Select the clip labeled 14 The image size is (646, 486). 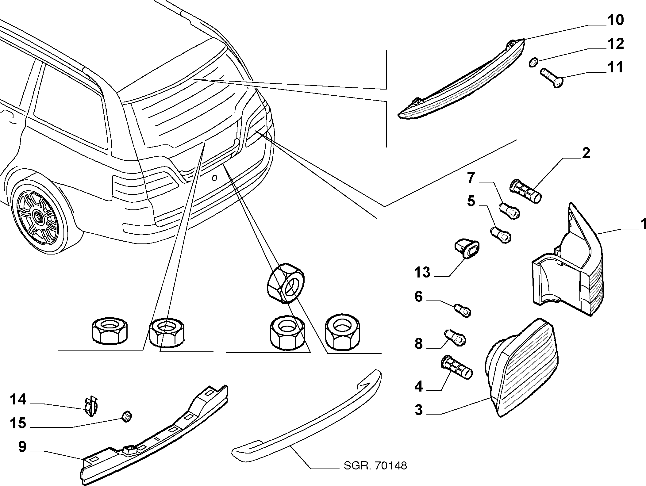click(x=90, y=407)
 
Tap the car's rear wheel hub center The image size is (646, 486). click(x=39, y=217)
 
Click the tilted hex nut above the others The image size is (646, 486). click(x=286, y=283)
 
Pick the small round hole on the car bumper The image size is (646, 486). click(x=214, y=178)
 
